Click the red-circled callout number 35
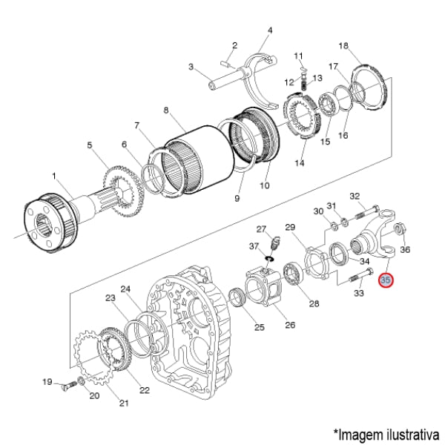(386, 280)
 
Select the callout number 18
(343, 46)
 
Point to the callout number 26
(290, 324)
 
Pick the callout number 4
(270, 30)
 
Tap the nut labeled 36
(398, 229)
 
